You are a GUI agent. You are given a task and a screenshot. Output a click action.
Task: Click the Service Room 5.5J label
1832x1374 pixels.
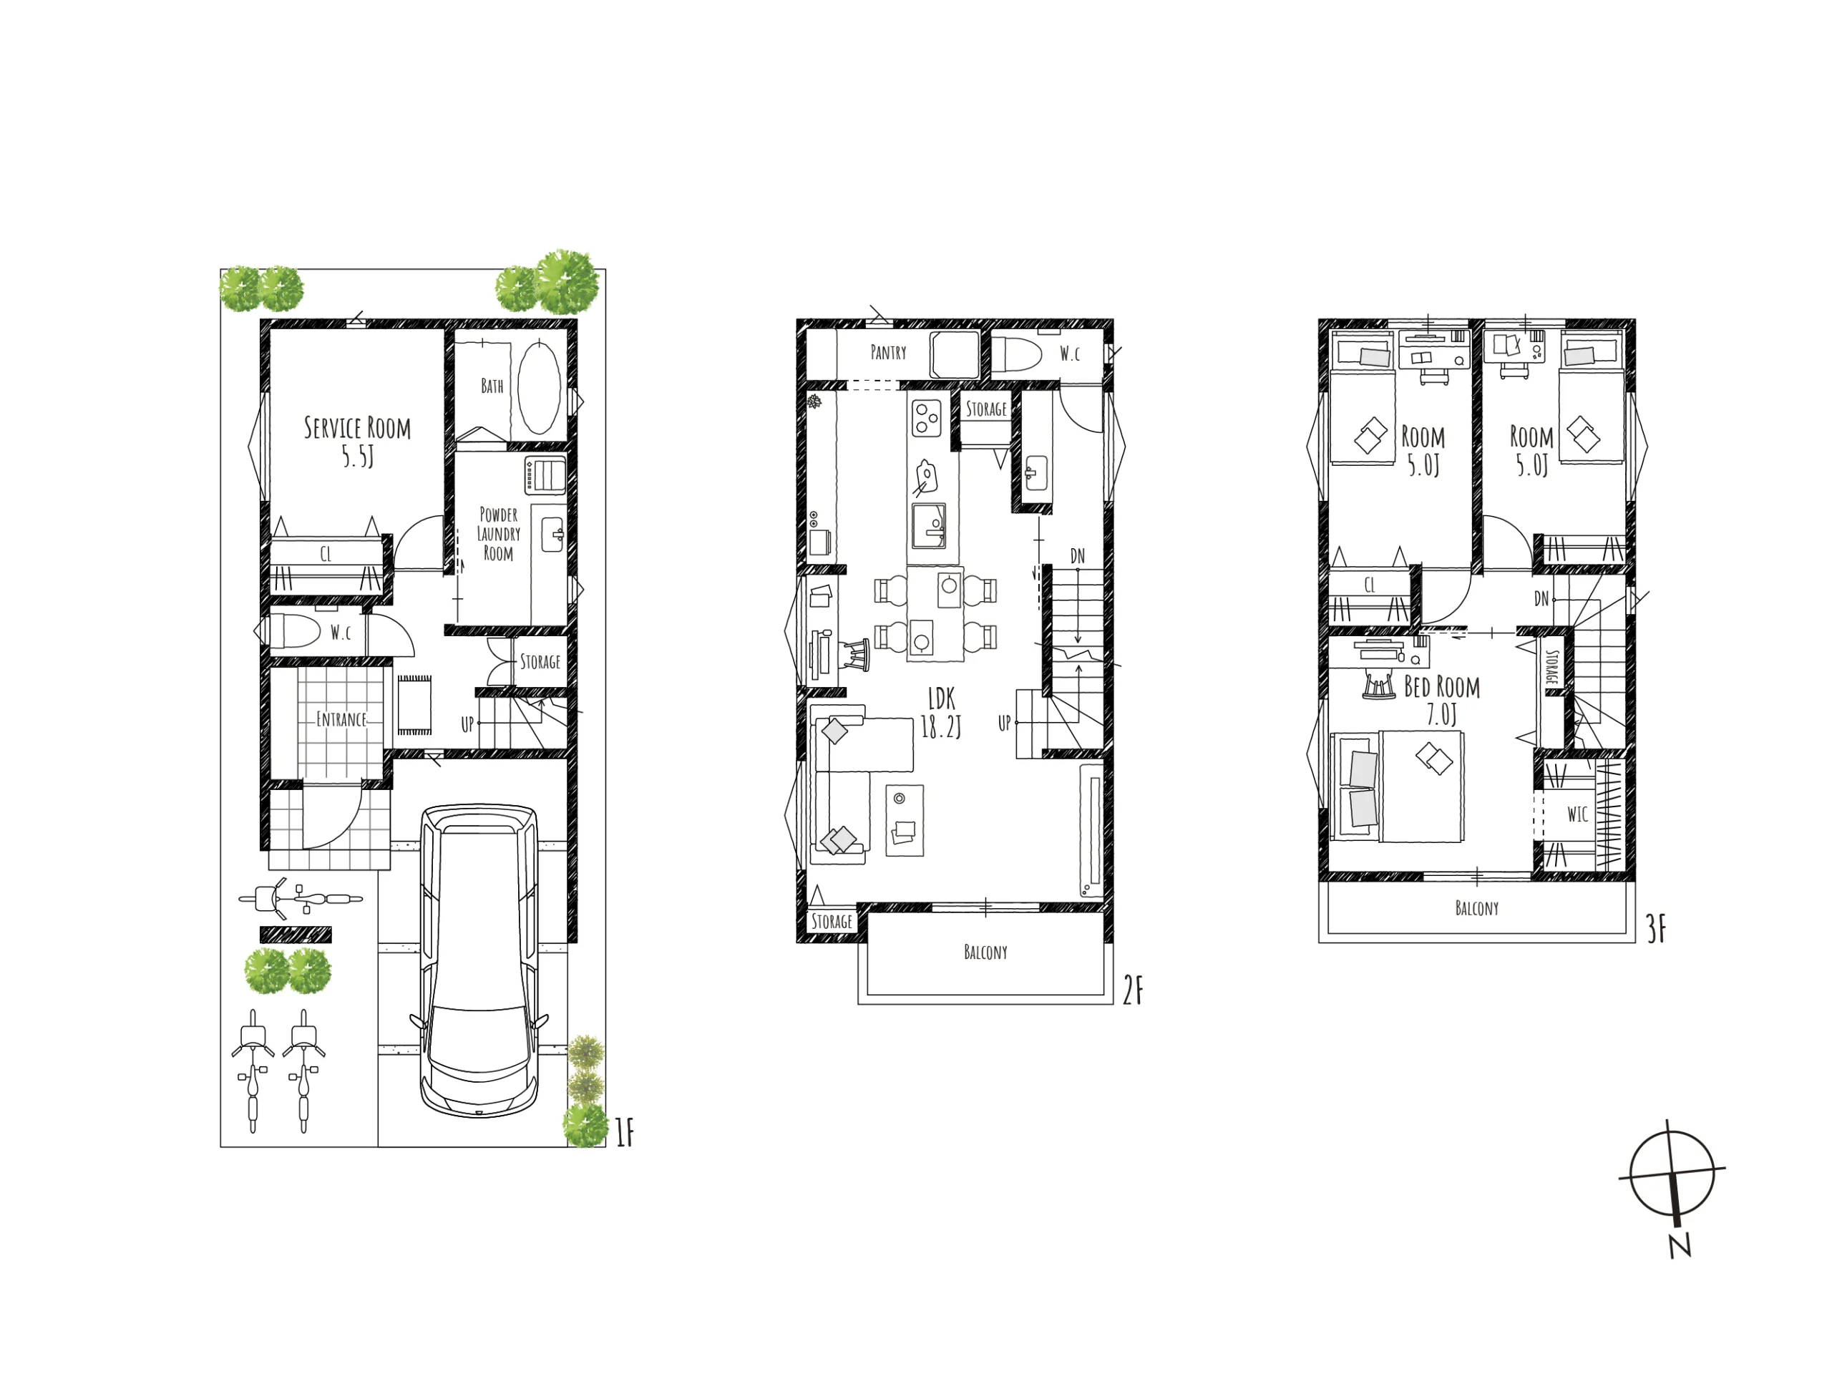(358, 441)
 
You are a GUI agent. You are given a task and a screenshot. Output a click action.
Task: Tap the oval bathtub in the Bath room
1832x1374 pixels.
(539, 386)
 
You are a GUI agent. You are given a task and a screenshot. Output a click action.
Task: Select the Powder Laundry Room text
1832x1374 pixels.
(499, 533)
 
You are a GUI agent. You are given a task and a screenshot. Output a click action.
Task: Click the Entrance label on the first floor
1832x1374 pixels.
(341, 719)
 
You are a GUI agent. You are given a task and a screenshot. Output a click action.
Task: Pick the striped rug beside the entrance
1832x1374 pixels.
(414, 706)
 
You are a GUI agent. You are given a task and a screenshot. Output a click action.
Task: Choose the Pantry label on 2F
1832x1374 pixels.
(888, 353)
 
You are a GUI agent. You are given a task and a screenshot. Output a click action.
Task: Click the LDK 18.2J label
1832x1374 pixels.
(942, 712)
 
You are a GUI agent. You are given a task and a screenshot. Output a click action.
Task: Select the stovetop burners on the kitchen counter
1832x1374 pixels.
(927, 416)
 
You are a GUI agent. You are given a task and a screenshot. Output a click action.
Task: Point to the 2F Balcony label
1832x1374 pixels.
(985, 952)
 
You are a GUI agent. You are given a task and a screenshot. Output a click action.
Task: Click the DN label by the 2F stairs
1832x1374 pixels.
(1078, 556)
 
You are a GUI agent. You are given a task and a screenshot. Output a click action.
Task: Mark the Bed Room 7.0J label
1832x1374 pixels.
(1442, 700)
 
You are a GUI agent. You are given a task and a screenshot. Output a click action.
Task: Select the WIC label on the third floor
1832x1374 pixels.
(1578, 815)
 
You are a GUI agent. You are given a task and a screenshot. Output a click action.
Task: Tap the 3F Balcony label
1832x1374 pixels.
(1477, 909)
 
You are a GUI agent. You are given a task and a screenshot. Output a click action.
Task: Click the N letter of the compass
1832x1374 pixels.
(1680, 1247)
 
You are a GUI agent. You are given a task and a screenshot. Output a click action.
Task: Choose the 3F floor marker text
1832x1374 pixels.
(1657, 930)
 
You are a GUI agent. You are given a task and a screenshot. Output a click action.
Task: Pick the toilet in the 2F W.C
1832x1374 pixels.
(1017, 354)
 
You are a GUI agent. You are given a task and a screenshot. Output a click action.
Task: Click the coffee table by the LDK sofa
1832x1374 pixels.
(905, 820)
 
